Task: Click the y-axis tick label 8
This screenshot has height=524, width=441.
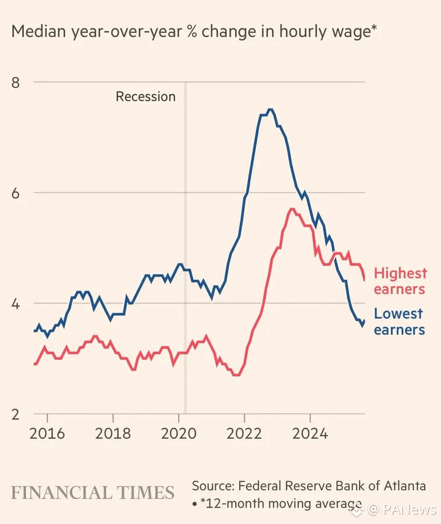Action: pyautogui.click(x=16, y=82)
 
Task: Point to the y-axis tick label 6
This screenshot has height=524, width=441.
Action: pyautogui.click(x=16, y=193)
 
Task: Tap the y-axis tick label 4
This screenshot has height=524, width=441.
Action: pyautogui.click(x=16, y=303)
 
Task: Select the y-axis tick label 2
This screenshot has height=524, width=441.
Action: pyautogui.click(x=16, y=414)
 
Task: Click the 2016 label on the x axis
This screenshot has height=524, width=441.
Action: pyautogui.click(x=47, y=434)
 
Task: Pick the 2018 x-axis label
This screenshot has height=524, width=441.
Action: pyautogui.click(x=113, y=434)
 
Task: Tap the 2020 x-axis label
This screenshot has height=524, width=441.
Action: pyautogui.click(x=179, y=434)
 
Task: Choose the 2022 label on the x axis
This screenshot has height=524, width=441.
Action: pyautogui.click(x=244, y=434)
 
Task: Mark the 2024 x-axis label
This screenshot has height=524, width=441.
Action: pyautogui.click(x=310, y=434)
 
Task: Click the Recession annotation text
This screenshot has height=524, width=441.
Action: pyautogui.click(x=145, y=97)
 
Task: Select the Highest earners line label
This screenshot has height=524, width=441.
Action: pyautogui.click(x=400, y=281)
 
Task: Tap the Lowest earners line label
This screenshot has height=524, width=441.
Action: pyautogui.click(x=399, y=321)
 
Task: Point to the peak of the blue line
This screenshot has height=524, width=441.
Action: pyautogui.click(x=269, y=109)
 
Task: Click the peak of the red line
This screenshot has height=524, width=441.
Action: pyautogui.click(x=291, y=209)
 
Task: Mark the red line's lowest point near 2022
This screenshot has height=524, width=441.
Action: pyautogui.click(x=236, y=375)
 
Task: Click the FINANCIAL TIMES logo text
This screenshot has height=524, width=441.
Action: pyautogui.click(x=93, y=493)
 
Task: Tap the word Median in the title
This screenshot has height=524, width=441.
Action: pyautogui.click(x=38, y=31)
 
